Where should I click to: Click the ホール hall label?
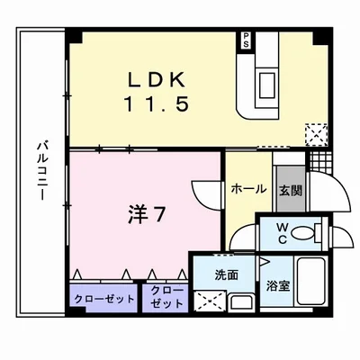coord(247,189)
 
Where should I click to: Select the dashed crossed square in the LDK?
coord(316,134)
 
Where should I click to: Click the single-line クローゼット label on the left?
coord(102,298)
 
